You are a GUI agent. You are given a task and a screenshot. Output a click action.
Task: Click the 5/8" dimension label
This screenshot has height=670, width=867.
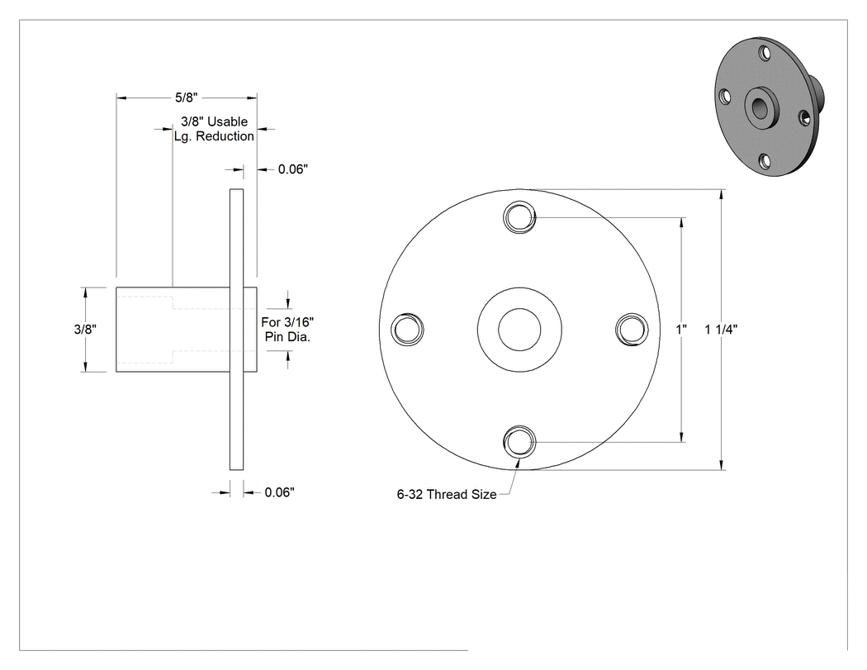(x=187, y=98)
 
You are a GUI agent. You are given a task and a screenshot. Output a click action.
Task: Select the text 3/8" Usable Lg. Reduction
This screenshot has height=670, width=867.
(x=214, y=129)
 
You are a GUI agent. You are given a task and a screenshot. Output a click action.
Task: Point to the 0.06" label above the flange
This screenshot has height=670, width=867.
(x=292, y=169)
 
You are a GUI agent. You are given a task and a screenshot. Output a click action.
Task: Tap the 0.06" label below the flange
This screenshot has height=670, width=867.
(x=279, y=492)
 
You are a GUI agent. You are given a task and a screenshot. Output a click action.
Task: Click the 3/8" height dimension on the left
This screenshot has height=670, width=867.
(x=85, y=329)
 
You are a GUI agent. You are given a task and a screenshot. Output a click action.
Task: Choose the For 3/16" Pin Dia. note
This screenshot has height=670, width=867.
(x=287, y=329)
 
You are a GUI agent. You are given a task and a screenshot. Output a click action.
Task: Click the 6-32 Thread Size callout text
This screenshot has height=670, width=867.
(x=447, y=495)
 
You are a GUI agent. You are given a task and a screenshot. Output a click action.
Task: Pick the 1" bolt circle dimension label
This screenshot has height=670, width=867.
(x=681, y=329)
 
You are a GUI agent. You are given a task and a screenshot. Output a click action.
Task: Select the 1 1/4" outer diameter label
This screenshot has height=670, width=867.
(x=721, y=329)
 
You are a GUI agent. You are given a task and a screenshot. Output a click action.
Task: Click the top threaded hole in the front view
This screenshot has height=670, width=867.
(x=519, y=217)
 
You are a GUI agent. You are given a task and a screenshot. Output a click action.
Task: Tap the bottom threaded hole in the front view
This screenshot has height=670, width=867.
(x=519, y=441)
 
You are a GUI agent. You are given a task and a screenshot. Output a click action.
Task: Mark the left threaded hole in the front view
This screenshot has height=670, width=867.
(x=408, y=329)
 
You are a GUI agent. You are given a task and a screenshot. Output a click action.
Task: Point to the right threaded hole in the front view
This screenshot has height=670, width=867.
(x=632, y=329)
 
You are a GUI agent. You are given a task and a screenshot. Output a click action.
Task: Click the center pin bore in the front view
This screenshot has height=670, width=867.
(x=519, y=330)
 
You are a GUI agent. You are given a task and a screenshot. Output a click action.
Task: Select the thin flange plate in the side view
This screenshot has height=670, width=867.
(x=237, y=329)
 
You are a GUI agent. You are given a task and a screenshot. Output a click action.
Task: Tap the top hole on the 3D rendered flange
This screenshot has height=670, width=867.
(x=765, y=53)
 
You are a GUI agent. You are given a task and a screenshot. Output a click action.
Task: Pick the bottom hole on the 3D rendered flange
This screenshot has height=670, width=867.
(x=764, y=161)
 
